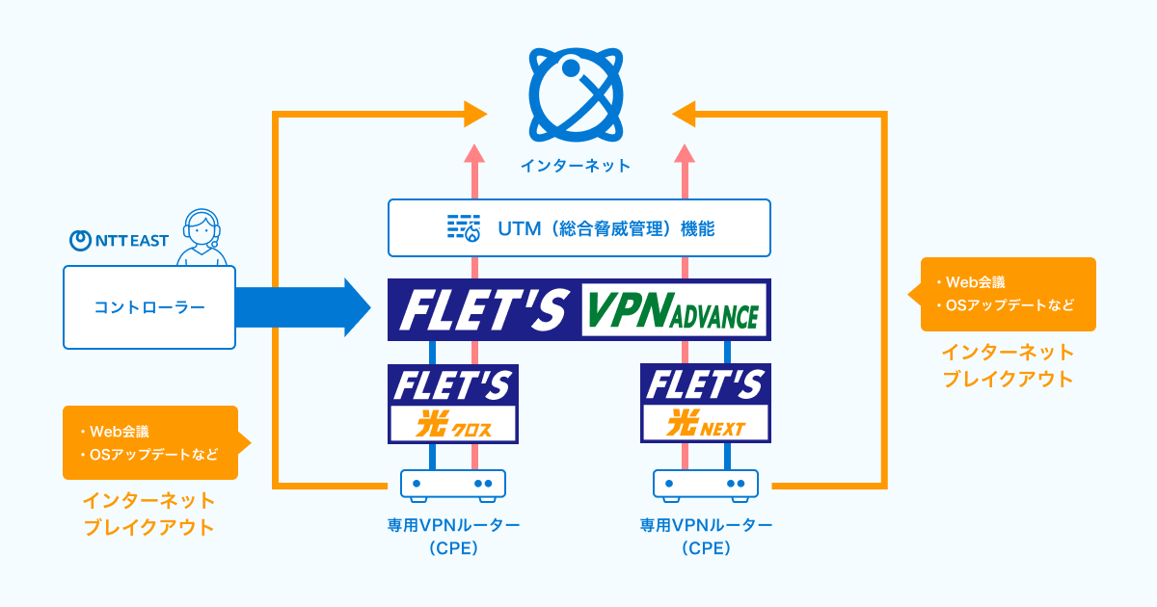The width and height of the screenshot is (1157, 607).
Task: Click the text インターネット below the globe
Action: (x=577, y=166)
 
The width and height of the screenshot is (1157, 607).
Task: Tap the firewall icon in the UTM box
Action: (x=463, y=227)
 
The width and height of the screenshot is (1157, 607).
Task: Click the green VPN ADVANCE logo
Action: (x=674, y=310)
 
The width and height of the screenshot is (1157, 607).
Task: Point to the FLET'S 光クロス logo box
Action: (x=453, y=403)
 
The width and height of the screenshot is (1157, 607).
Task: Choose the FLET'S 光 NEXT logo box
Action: (x=707, y=403)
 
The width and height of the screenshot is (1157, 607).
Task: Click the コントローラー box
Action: (x=149, y=307)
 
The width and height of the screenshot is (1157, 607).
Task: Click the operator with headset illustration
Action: (x=203, y=238)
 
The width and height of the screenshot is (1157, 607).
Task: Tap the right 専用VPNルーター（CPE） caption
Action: (x=707, y=537)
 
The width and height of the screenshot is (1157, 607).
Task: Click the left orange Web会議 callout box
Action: (x=149, y=442)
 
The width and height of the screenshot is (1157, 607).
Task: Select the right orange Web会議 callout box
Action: (x=1008, y=294)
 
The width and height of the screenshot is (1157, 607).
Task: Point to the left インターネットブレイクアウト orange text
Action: (x=149, y=515)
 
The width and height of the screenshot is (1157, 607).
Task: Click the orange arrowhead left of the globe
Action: (x=474, y=114)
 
